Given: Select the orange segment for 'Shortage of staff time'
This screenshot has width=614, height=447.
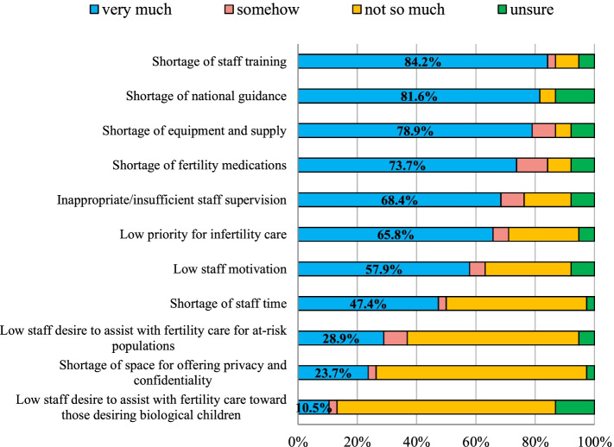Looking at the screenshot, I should point(516,303).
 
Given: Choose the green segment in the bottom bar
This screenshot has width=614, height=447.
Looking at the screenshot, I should point(574,406).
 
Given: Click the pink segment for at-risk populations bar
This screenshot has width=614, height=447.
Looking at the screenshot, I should point(395,337).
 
